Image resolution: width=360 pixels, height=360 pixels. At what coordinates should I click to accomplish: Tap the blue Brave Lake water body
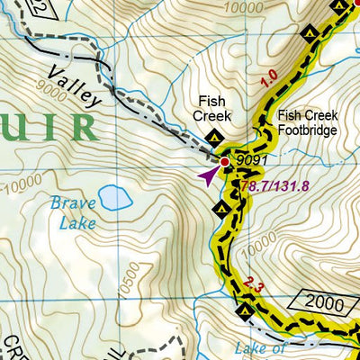[x=112, y=196]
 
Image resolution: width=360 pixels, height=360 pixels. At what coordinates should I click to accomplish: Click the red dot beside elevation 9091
[x=225, y=163]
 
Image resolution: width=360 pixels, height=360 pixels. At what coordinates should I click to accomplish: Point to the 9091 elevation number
[x=254, y=161]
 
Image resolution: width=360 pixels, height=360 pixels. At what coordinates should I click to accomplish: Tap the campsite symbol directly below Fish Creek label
[x=214, y=137]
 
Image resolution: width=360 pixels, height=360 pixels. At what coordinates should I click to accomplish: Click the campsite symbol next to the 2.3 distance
[x=245, y=311]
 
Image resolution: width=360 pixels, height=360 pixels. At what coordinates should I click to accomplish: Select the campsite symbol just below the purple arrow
[x=222, y=209]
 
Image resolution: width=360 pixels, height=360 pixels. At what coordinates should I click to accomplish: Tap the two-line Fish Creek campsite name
[x=212, y=109]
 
